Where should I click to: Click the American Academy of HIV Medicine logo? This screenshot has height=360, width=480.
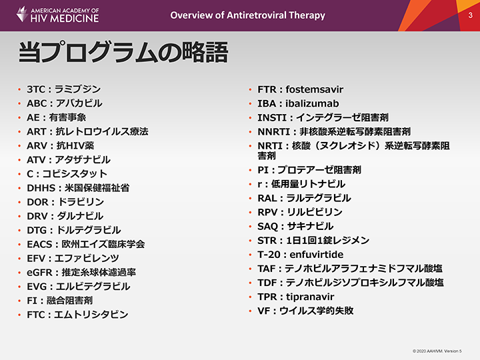coord(57,15)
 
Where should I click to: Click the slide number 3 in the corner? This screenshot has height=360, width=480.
coord(470,15)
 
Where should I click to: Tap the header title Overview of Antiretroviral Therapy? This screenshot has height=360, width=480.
coord(247,15)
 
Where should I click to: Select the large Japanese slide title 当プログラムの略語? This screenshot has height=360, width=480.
coord(123,52)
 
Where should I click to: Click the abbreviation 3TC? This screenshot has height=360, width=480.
coord(36,89)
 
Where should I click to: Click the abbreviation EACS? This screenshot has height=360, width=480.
coord(39,244)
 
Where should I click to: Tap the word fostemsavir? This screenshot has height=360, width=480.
coord(315,89)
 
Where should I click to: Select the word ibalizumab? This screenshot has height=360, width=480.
coord(312,103)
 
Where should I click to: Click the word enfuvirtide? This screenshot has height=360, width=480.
coord(317,255)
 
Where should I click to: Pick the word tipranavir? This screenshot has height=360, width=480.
coord(310,297)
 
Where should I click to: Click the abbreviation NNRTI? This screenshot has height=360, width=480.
coord(274,131)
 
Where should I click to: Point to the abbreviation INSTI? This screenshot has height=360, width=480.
coord(272,117)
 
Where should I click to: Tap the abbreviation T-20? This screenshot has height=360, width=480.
coord(269,255)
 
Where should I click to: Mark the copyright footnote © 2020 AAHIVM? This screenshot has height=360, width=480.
coord(437,351)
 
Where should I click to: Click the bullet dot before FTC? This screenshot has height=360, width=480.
coord(19,315)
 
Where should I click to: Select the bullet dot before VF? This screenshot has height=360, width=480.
coord(250,311)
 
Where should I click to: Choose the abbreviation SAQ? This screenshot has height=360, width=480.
coord(267,226)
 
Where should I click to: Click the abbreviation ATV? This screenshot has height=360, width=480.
coord(36,159)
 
